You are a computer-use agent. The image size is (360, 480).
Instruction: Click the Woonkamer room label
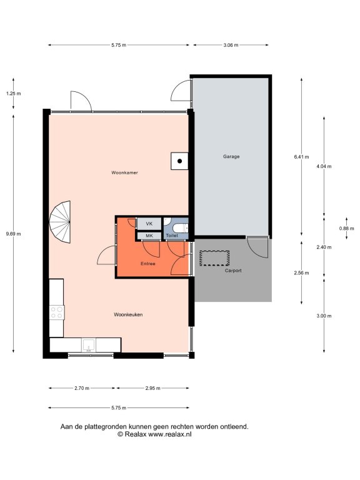click(124, 172)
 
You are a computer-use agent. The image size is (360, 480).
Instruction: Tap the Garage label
click(231, 156)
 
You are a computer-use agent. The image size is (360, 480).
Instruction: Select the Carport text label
click(233, 271)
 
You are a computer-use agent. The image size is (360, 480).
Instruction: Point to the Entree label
click(148, 264)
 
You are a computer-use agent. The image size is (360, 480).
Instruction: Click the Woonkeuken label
click(128, 314)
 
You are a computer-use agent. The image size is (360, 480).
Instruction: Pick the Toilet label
click(172, 236)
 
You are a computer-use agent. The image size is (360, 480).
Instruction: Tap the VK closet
click(149, 224)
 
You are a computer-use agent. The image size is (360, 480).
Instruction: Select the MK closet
click(149, 236)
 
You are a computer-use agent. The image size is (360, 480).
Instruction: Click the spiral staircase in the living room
click(60, 222)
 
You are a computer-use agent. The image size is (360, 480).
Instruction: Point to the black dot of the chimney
click(180, 161)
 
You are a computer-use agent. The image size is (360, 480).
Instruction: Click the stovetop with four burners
click(57, 312)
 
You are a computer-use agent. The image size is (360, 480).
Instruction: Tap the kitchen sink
click(89, 345)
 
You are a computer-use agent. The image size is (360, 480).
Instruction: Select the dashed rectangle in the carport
click(214, 258)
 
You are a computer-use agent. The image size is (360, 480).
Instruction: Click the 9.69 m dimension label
click(14, 234)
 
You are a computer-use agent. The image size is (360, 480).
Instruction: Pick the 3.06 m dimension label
click(231, 45)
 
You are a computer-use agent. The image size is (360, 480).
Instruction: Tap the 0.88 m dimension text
click(346, 228)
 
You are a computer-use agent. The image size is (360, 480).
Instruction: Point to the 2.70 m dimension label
click(82, 388)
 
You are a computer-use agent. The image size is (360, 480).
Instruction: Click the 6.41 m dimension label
click(301, 157)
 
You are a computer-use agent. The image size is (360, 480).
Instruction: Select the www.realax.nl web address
click(169, 434)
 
